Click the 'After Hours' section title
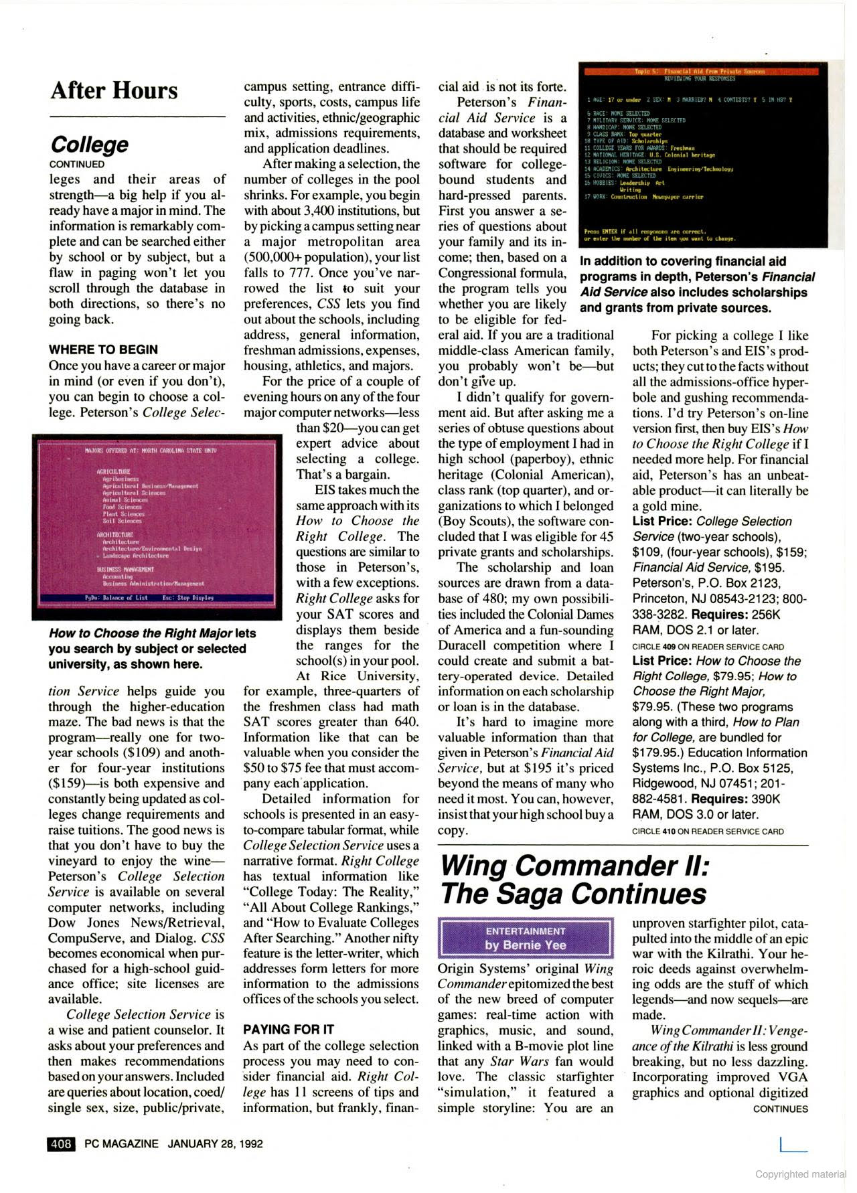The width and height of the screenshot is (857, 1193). pyautogui.click(x=114, y=90)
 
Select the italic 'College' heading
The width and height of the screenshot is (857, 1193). pyautogui.click(x=90, y=144)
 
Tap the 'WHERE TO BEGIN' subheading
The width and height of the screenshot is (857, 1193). pyautogui.click(x=103, y=349)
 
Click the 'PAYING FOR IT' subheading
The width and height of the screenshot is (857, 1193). pyautogui.click(x=289, y=1029)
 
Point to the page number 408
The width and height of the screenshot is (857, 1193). pyautogui.click(x=61, y=1143)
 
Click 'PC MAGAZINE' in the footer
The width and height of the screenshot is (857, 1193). pyautogui.click(x=122, y=1143)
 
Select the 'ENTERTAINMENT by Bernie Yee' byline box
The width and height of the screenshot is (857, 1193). pyautogui.click(x=526, y=938)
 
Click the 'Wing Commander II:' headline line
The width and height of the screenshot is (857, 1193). pyautogui.click(x=573, y=866)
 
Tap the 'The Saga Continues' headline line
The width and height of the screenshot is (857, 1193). pyautogui.click(x=572, y=894)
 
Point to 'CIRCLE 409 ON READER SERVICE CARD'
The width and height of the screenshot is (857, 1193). pyautogui.click(x=708, y=647)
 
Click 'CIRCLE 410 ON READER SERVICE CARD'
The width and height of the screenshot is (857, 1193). pyautogui.click(x=708, y=831)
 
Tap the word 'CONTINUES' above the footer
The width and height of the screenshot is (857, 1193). pyautogui.click(x=780, y=1109)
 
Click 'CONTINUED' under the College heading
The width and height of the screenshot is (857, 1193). pyautogui.click(x=77, y=164)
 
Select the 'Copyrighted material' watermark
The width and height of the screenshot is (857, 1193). pyautogui.click(x=801, y=1174)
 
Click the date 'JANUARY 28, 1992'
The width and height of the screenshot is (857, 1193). pyautogui.click(x=215, y=1143)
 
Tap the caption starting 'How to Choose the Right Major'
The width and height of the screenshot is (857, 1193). pyautogui.click(x=152, y=648)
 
